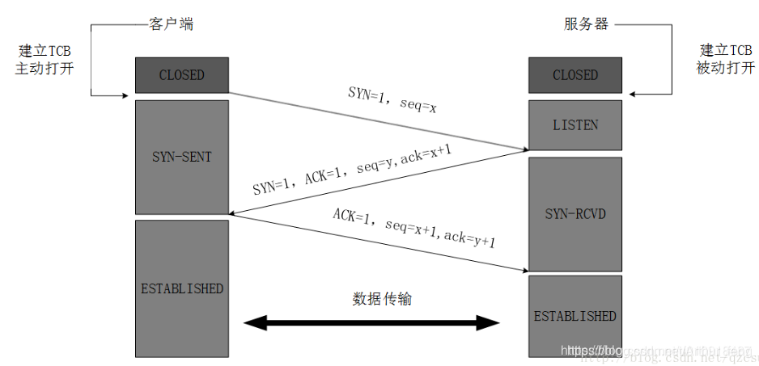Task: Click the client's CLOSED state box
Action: pos(181,75)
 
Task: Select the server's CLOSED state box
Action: pos(575,75)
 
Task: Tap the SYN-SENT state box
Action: pos(181,157)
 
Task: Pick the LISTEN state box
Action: pos(575,125)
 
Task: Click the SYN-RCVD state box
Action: pos(575,214)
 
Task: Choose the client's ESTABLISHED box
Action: pos(181,288)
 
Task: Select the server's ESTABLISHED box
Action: pos(575,316)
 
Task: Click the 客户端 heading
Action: pos(172,23)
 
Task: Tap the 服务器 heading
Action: pos(586,23)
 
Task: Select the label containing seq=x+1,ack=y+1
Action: pos(414,229)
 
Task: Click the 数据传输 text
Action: pos(381,298)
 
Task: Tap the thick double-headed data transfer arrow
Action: pos(372,324)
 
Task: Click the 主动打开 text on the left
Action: pos(45,69)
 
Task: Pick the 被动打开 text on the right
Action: pos(725,69)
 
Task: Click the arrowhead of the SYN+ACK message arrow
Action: pos(234,214)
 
